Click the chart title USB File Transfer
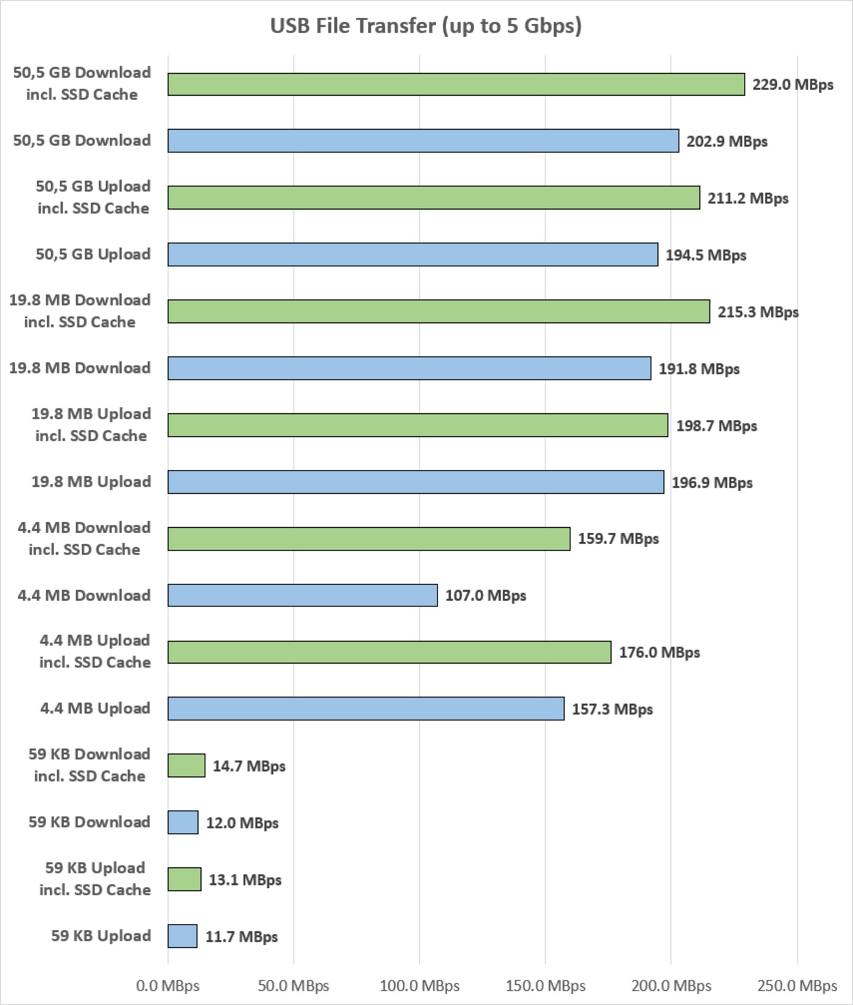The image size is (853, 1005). coord(426,26)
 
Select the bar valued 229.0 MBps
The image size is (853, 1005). coord(456,84)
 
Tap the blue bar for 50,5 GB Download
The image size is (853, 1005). coord(423,141)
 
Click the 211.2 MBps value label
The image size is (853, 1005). coord(748,198)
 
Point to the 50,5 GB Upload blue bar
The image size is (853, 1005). coord(412,255)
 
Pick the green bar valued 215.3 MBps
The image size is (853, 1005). coord(439,311)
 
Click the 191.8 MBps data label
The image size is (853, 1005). coord(699,369)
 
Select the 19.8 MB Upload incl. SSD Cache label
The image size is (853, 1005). coord(91,425)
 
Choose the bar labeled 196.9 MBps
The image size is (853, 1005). coord(416,482)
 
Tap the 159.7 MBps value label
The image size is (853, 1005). coord(618,539)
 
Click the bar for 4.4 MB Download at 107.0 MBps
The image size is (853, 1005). coord(302,595)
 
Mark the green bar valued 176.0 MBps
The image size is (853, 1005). coord(389,652)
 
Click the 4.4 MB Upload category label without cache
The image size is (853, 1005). coord(95,708)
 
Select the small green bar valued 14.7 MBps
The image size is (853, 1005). coord(186,765)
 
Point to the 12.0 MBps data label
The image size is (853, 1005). coord(242,823)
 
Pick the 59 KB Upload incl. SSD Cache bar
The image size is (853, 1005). coord(185,879)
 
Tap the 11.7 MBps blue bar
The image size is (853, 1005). coord(182,936)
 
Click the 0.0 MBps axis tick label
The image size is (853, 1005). coord(168,985)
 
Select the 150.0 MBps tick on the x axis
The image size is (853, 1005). coord(545,985)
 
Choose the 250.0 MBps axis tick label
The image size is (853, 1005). coord(797,985)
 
